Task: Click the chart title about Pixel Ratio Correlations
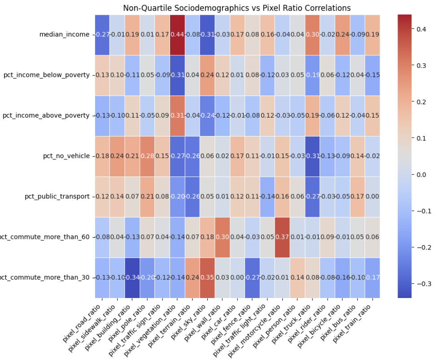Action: tap(237, 8)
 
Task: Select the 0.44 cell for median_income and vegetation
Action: tap(177, 35)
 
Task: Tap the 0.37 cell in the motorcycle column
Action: tap(282, 237)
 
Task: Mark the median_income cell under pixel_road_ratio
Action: tap(102, 35)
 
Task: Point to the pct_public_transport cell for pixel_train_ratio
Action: tap(372, 196)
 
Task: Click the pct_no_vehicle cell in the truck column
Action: tap(312, 156)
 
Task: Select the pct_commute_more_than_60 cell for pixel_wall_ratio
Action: tap(223, 237)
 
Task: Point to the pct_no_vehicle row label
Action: tap(65, 156)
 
